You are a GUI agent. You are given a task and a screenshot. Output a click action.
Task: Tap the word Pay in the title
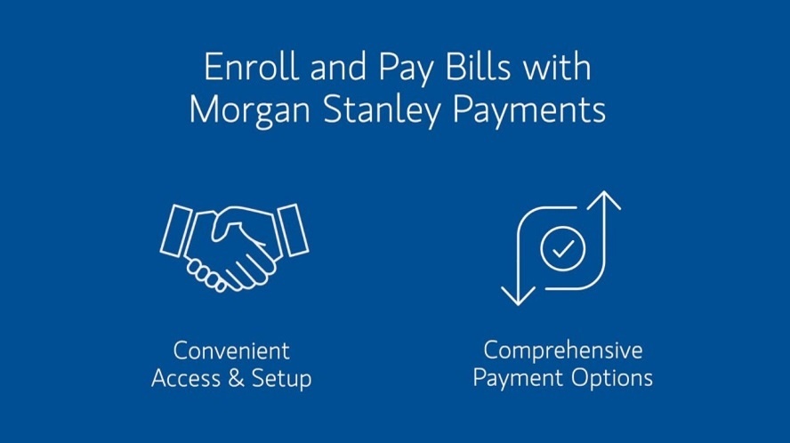click(406, 70)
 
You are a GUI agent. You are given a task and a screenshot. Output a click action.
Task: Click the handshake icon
click(234, 248)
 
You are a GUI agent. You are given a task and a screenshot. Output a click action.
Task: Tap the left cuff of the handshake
click(175, 230)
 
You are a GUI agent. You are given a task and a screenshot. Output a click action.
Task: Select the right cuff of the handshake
click(294, 230)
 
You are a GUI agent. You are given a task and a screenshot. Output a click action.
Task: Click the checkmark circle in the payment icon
click(563, 249)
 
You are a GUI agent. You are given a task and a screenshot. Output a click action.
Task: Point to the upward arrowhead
click(603, 200)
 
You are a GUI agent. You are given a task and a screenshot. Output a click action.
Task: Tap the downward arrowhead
click(518, 296)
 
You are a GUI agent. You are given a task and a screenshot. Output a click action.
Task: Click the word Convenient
click(231, 350)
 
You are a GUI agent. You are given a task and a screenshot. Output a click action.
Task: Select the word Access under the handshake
click(186, 378)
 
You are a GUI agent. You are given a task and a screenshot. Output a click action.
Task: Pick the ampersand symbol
click(236, 378)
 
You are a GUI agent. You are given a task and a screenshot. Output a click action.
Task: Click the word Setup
click(281, 380)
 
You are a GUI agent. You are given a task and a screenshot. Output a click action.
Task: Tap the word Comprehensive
click(563, 351)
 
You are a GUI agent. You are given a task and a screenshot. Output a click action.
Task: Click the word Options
click(612, 379)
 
